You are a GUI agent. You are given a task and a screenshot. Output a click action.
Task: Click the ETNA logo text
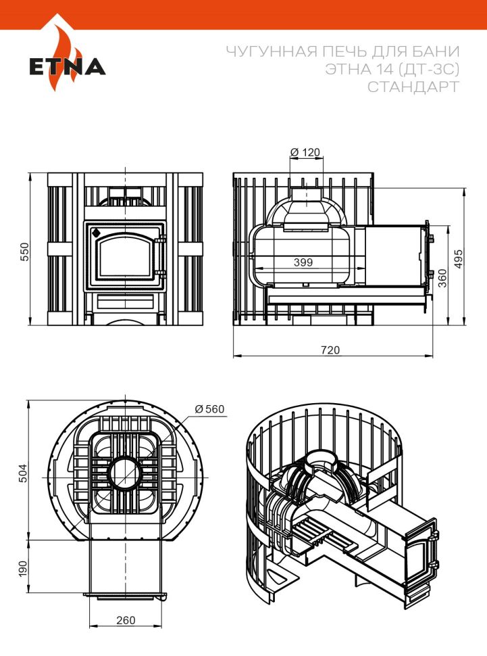pyautogui.click(x=67, y=67)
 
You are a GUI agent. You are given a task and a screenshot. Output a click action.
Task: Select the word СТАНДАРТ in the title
pyautogui.click(x=413, y=87)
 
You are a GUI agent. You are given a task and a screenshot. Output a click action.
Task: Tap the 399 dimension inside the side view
pyautogui.click(x=303, y=262)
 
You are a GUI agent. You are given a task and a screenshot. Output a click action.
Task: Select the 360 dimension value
pyautogui.click(x=442, y=278)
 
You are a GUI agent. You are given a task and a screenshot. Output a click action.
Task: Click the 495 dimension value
pyautogui.click(x=460, y=256)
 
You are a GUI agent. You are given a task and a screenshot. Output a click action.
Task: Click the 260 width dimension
pyautogui.click(x=125, y=620)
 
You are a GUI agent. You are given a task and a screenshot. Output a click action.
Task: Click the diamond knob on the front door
pyautogui.click(x=96, y=233)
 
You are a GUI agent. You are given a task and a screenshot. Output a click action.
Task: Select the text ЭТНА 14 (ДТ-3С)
pyautogui.click(x=392, y=70)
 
